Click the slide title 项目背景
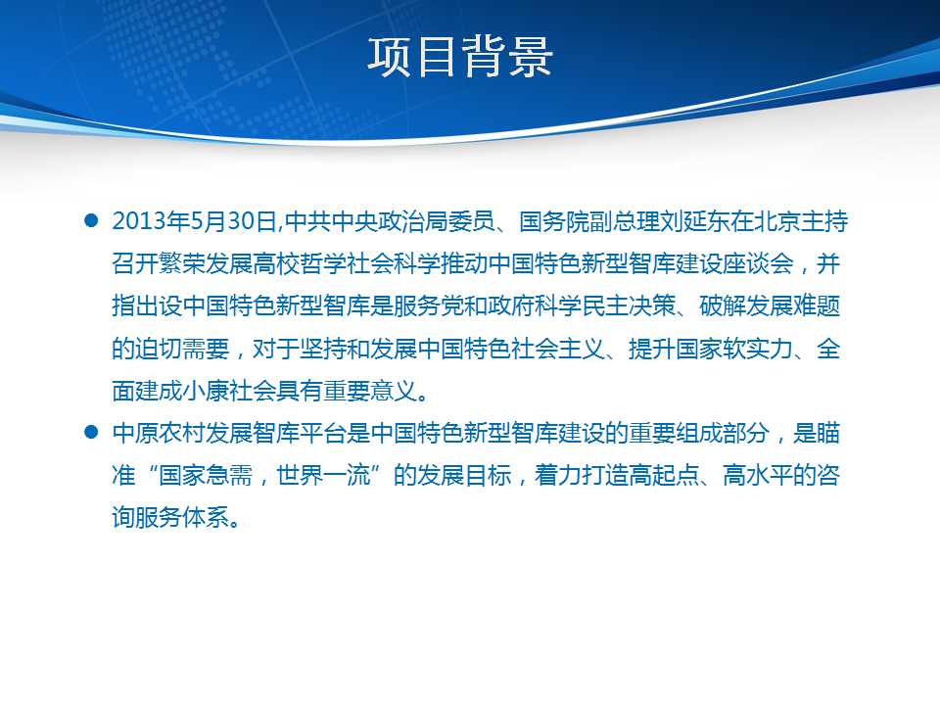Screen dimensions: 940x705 tap(460, 58)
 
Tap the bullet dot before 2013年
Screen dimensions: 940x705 tap(91, 220)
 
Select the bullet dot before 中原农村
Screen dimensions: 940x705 tap(91, 432)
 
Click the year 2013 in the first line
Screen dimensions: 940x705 tap(138, 221)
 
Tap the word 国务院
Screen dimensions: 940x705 tap(554, 221)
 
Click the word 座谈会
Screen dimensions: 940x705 tap(758, 263)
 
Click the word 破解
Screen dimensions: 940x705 tap(723, 306)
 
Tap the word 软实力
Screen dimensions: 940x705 tap(758, 349)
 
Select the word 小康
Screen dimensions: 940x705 tap(206, 392)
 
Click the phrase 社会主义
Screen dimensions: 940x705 tap(559, 349)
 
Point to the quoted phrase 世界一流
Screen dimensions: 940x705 tap(323, 476)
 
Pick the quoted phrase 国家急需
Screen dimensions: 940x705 tap(206, 476)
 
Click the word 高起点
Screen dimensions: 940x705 tap(664, 476)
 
